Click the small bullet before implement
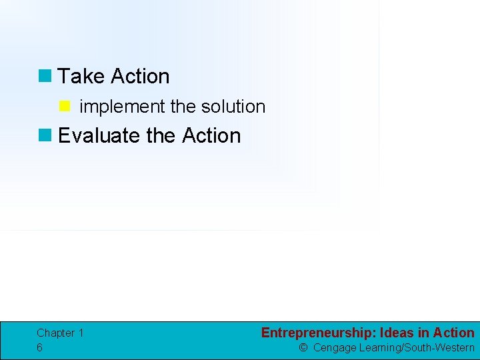click(65, 106)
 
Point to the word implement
click(122, 107)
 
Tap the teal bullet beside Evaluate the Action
click(45, 135)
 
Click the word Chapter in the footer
click(55, 333)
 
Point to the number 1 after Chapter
click(81, 333)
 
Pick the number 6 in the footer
click(40, 347)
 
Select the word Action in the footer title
click(453, 333)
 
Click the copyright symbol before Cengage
click(303, 347)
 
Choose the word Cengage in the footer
click(335, 347)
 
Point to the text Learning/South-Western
click(417, 347)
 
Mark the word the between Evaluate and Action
click(160, 135)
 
